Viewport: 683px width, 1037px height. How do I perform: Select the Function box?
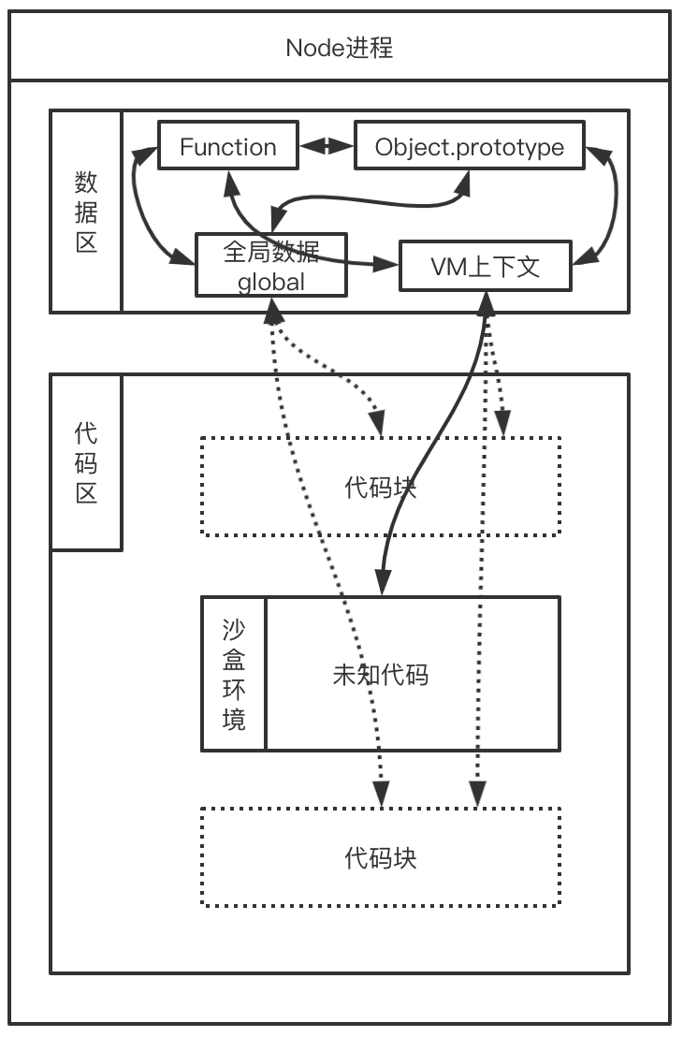pos(228,146)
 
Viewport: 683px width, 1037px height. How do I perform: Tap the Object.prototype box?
pos(469,147)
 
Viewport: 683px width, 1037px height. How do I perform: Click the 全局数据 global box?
pos(270,265)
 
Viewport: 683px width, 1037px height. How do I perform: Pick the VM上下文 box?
pos(485,267)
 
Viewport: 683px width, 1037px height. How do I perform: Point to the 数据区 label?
pos(86,212)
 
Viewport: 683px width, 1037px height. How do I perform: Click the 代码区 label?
pos(86,462)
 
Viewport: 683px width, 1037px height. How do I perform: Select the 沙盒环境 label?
pos(234,674)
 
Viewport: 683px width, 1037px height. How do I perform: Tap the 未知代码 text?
pos(380,674)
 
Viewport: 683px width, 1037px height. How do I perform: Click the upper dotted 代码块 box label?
pos(380,487)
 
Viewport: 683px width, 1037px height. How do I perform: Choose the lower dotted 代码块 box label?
pos(380,857)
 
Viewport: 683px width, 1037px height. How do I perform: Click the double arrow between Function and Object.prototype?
pos(326,146)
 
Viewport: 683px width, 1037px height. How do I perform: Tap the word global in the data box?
pos(270,281)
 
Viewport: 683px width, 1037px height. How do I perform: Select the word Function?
pos(228,147)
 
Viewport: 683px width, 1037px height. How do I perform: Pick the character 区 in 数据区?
pos(86,242)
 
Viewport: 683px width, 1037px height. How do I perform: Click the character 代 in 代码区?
pos(86,432)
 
